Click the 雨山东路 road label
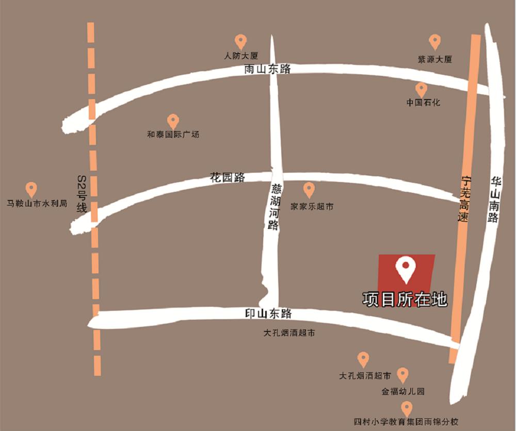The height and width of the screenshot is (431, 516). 267,70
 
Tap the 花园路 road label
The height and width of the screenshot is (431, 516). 227,178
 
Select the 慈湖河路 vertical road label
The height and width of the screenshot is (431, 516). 274,207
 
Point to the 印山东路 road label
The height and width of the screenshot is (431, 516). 268,313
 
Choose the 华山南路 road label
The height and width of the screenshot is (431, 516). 495,199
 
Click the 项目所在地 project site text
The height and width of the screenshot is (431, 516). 405,300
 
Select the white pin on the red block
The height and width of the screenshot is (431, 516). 406,270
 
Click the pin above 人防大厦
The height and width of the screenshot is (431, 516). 240,42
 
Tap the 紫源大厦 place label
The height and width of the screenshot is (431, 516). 435,60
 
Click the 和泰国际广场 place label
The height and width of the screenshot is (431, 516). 173,135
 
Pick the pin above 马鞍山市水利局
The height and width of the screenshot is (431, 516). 31,189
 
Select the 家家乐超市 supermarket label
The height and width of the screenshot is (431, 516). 312,207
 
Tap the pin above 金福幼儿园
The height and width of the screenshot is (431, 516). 402,375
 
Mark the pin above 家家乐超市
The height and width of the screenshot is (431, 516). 309,189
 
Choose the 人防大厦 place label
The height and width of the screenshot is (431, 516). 241,56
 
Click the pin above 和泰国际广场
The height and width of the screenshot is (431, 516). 173,121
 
